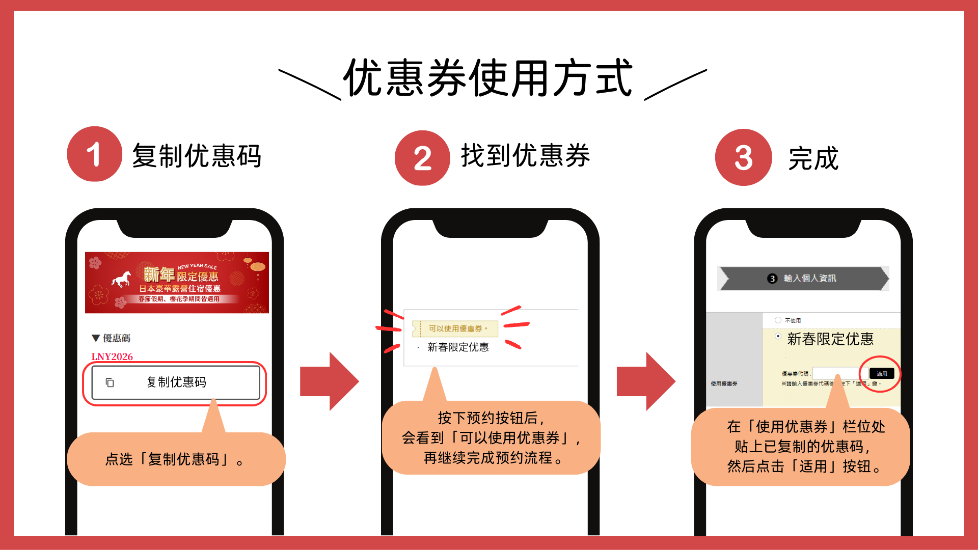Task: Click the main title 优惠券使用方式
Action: click(x=488, y=78)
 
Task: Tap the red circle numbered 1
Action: click(x=94, y=154)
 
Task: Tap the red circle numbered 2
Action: click(x=422, y=158)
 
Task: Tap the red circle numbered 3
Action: click(x=743, y=157)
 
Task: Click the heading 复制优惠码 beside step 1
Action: click(x=197, y=156)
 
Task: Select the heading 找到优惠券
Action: click(x=525, y=155)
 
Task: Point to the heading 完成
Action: click(x=813, y=158)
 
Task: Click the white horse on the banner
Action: click(x=122, y=279)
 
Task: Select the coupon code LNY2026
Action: click(x=112, y=356)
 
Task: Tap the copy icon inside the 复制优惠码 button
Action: click(x=110, y=382)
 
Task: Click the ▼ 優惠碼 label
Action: click(x=111, y=338)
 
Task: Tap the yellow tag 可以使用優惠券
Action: click(x=455, y=329)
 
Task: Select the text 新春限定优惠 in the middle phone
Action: click(x=458, y=347)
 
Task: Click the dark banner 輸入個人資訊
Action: click(x=803, y=279)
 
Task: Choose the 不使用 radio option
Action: click(x=778, y=320)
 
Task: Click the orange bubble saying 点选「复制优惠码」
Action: click(x=176, y=459)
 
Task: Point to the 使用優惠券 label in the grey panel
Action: click(x=724, y=383)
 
